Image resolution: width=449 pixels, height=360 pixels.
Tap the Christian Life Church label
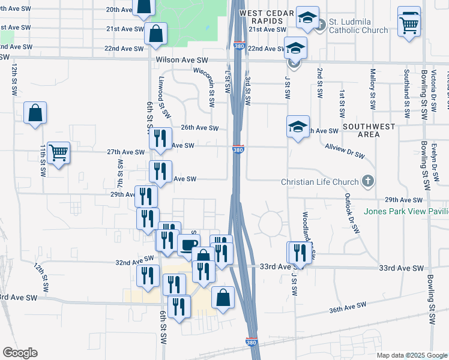(321, 182)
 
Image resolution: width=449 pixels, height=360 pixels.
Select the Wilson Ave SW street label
(181, 60)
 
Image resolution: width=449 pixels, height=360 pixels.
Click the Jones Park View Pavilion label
(406, 211)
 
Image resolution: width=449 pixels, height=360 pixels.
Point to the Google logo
(20, 353)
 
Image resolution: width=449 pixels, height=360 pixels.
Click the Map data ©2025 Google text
(411, 355)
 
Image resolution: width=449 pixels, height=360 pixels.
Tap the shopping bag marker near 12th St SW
(35, 112)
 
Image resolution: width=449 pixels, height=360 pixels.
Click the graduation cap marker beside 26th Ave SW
(298, 127)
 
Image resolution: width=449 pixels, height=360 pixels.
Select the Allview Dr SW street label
(345, 151)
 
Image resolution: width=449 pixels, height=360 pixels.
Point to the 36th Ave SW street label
(348, 308)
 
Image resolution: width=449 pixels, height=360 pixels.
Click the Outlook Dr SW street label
(351, 213)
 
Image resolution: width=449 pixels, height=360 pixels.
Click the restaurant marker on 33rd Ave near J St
(298, 253)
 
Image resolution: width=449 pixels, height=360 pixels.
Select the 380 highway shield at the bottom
(253, 342)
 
